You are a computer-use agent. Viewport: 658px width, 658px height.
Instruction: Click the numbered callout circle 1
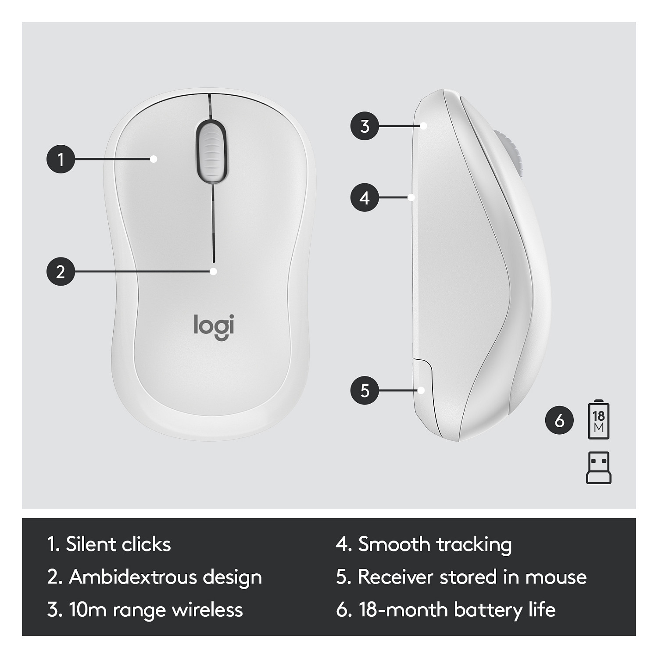click(61, 159)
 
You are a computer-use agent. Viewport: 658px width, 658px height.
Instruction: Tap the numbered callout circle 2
click(61, 272)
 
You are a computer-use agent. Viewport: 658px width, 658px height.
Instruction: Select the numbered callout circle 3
click(365, 126)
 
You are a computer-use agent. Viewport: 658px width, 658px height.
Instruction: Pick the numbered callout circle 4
click(365, 197)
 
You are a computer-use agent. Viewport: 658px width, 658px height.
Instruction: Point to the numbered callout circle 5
click(365, 390)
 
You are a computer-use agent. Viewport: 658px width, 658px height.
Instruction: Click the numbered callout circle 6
click(559, 420)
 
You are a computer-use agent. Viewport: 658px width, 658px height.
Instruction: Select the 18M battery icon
click(599, 420)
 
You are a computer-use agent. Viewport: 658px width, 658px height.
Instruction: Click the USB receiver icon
click(599, 468)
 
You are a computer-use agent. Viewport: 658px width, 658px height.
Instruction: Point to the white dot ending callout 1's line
click(154, 159)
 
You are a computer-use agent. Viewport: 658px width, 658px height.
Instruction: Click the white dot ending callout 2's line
click(214, 272)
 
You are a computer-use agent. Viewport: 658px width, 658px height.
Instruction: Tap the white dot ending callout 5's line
click(422, 390)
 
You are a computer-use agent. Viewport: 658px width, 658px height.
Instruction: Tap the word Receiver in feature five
click(396, 577)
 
